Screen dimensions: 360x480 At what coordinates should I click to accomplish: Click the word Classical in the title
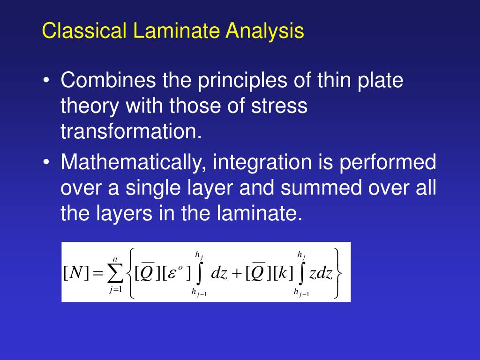tap(84, 31)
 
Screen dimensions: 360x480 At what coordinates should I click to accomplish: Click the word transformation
tap(131, 132)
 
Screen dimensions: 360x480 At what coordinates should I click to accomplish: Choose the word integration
tap(262, 163)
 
